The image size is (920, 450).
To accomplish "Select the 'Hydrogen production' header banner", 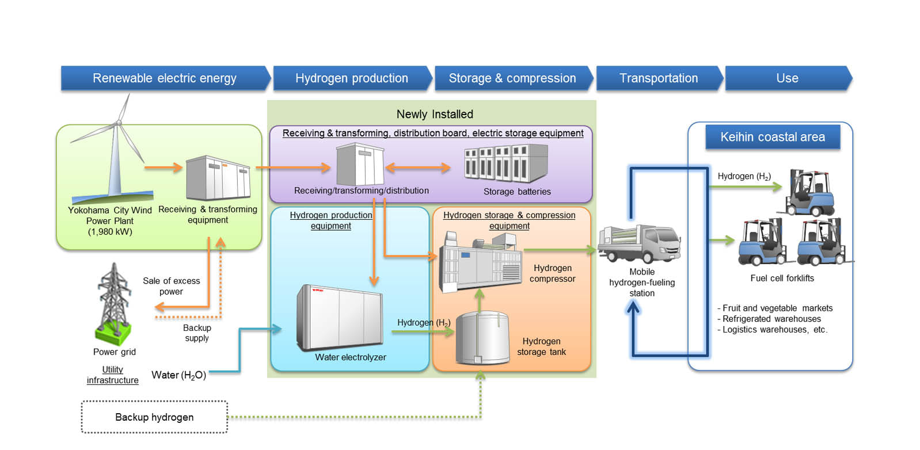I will pos(352,78).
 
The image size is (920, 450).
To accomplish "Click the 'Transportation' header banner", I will pos(659,78).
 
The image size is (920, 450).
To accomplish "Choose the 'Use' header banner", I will pos(787,78).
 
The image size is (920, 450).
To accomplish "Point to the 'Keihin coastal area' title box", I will pos(773,137).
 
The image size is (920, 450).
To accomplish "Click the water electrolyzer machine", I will pos(340,318).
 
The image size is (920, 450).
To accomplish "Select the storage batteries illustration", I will pos(505,163).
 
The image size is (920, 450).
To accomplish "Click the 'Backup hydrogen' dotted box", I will pos(154,417).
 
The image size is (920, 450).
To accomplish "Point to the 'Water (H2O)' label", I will pos(178,375).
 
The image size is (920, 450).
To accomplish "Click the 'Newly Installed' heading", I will pos(435,114).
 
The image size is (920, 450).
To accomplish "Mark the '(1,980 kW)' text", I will pos(110,232).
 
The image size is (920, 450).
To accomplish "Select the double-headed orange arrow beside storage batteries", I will pos(418,168).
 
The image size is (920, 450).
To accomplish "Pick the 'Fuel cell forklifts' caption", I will pos(782,278).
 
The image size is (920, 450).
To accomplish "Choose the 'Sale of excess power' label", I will pos(171,286).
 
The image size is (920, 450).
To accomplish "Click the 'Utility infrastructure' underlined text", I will pos(113,375).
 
